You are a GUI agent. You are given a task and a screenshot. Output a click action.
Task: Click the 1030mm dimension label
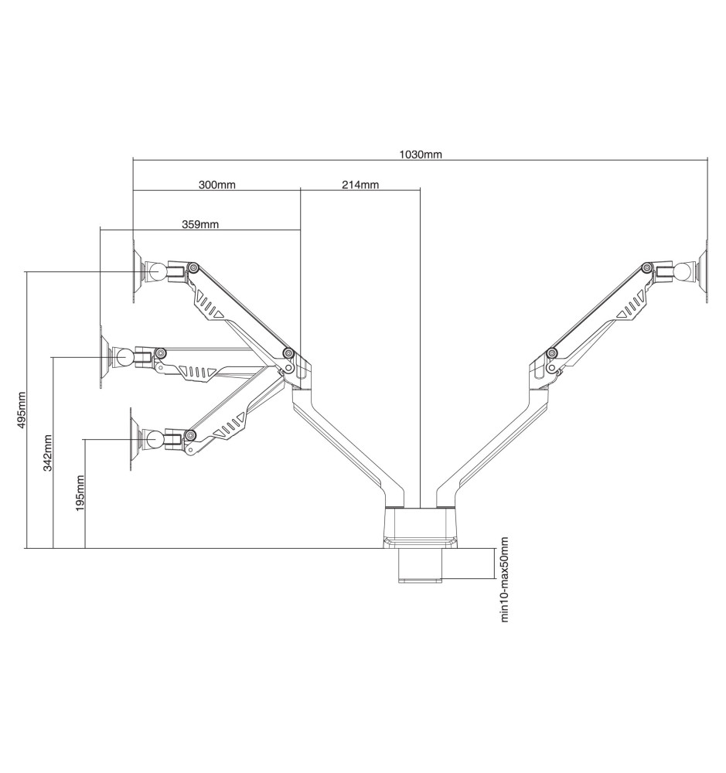tap(420, 155)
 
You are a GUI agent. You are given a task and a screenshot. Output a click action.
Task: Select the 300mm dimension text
tap(217, 185)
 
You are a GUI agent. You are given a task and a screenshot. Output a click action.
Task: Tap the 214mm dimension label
tap(360, 185)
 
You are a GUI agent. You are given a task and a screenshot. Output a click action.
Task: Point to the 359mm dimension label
tap(200, 224)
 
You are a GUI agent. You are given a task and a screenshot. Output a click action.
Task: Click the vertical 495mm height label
tap(21, 411)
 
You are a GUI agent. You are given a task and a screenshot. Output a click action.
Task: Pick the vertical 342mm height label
tap(48, 452)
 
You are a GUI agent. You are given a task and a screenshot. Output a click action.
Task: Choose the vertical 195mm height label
tap(80, 493)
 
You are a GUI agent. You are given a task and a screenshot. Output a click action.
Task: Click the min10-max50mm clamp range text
tap(504, 579)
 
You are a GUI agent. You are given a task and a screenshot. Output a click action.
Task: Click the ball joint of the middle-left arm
tap(123, 357)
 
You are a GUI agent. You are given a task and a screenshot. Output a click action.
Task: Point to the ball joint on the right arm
tap(683, 272)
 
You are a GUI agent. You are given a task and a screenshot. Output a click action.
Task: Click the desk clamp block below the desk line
tap(420, 566)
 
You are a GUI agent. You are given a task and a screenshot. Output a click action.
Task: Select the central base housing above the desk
tap(420, 527)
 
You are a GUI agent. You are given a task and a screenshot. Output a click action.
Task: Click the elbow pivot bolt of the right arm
tap(552, 352)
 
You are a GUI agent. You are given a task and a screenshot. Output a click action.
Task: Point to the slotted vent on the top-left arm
tap(210, 305)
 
